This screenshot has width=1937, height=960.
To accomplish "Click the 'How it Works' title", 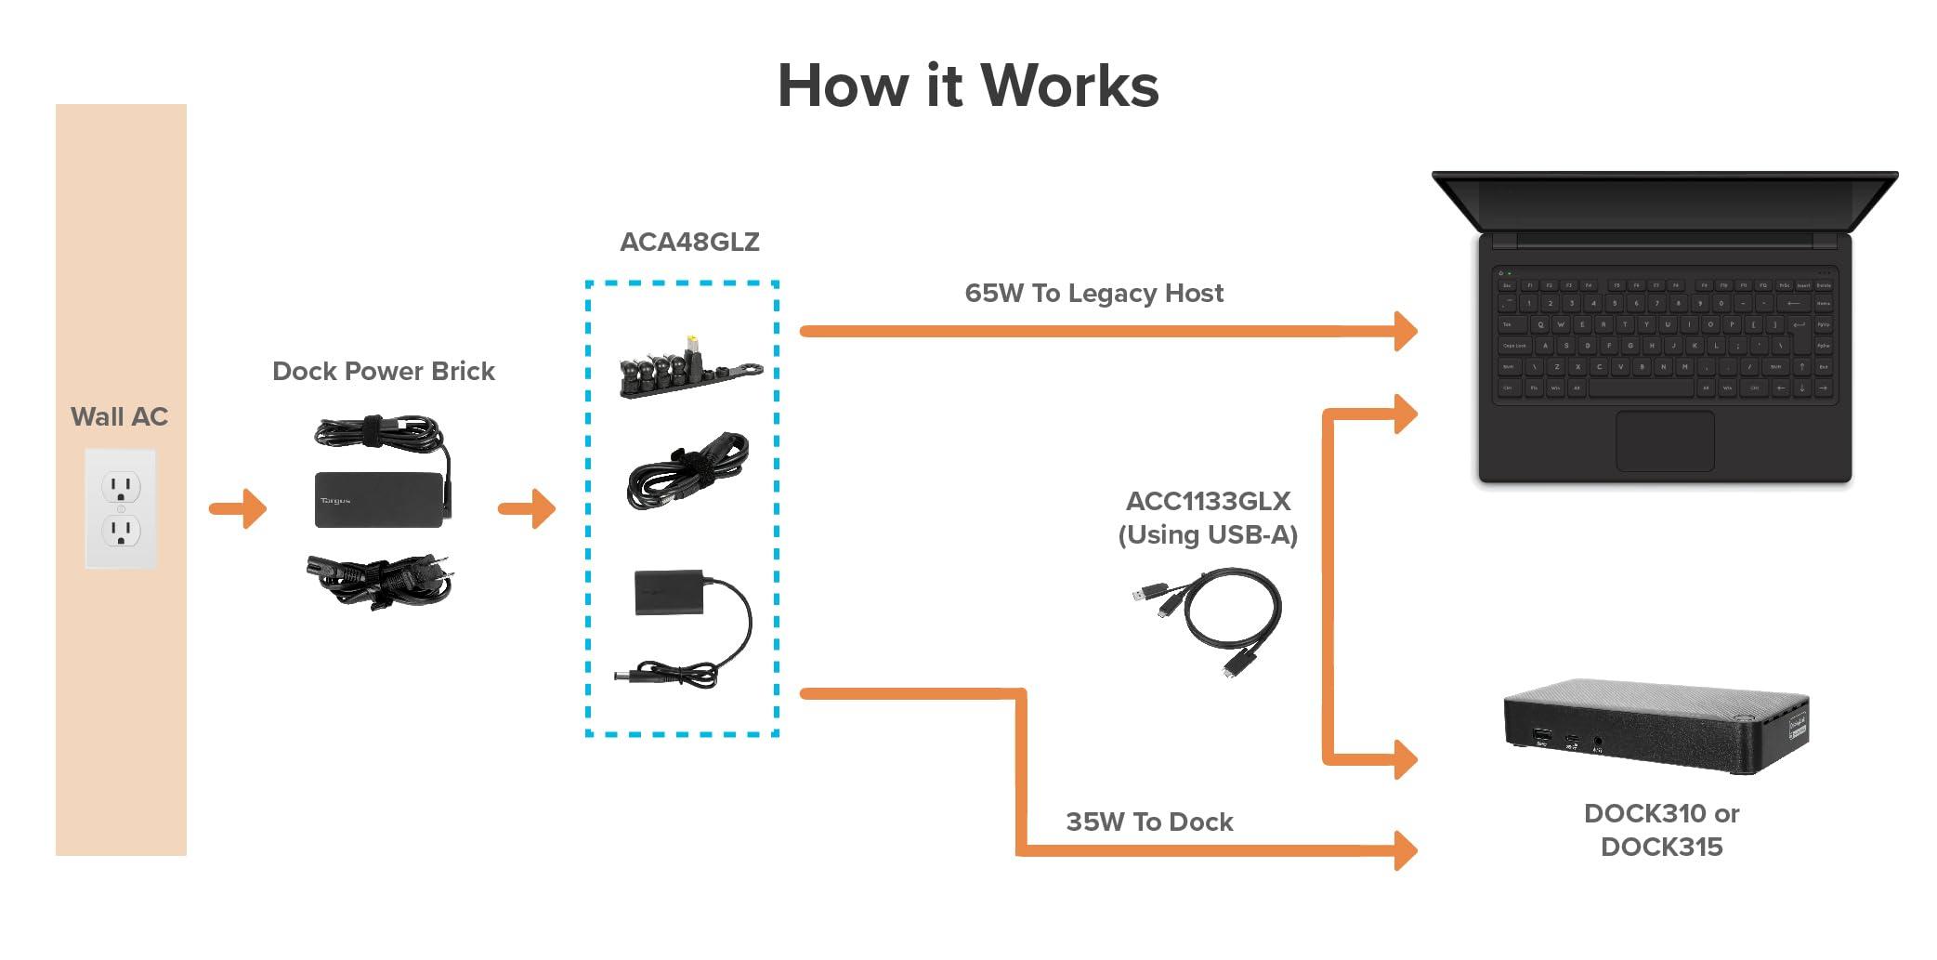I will [967, 85].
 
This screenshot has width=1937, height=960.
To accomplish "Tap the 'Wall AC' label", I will [119, 416].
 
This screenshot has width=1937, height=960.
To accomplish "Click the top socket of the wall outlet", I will [121, 486].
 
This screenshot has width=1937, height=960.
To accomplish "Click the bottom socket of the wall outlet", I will [121, 532].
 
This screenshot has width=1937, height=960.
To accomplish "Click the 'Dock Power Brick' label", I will [383, 371].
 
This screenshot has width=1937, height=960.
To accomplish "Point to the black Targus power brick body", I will [376, 500].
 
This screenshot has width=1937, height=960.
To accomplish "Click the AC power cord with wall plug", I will [381, 580].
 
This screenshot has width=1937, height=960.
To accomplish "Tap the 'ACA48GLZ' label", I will [689, 242].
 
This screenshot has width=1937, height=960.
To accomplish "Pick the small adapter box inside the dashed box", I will [668, 592].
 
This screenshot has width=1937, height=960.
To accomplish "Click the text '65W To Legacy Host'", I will [1093, 293].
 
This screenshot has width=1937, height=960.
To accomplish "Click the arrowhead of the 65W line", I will [1405, 331].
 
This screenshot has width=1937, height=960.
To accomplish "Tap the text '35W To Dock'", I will [1149, 822].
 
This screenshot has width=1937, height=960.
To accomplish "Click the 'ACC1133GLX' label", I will [1208, 501].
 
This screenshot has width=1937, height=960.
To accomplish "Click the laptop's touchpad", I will [1664, 441].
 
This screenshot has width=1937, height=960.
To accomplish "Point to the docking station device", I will [1656, 725].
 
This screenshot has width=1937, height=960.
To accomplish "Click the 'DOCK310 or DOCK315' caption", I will [1661, 830].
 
